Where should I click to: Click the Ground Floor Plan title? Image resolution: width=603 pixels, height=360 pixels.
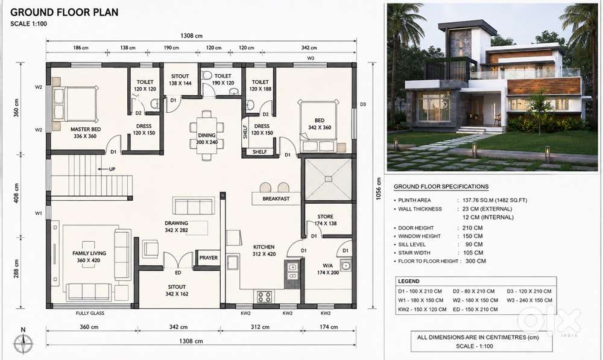(x=65, y=12)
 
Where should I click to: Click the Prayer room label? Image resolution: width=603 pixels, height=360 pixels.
(x=209, y=257)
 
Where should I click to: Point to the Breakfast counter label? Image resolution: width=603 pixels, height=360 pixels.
(x=276, y=199)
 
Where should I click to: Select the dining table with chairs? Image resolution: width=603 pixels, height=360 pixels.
(x=206, y=136)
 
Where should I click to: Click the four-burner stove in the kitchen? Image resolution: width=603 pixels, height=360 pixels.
(x=264, y=297)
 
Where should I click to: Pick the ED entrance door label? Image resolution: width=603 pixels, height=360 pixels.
(x=178, y=273)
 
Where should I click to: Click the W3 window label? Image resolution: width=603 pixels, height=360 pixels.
(x=311, y=58)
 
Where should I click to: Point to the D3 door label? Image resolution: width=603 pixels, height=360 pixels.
(x=363, y=104)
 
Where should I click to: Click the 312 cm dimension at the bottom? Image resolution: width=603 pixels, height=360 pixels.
(x=260, y=327)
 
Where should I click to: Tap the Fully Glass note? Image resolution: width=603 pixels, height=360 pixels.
(x=90, y=313)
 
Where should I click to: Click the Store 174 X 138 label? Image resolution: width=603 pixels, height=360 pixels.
(x=326, y=219)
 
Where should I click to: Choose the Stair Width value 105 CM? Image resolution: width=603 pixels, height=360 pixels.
(x=473, y=253)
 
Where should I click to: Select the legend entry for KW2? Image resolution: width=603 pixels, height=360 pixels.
(x=422, y=309)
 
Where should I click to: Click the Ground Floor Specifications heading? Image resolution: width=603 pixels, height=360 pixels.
(x=441, y=186)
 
